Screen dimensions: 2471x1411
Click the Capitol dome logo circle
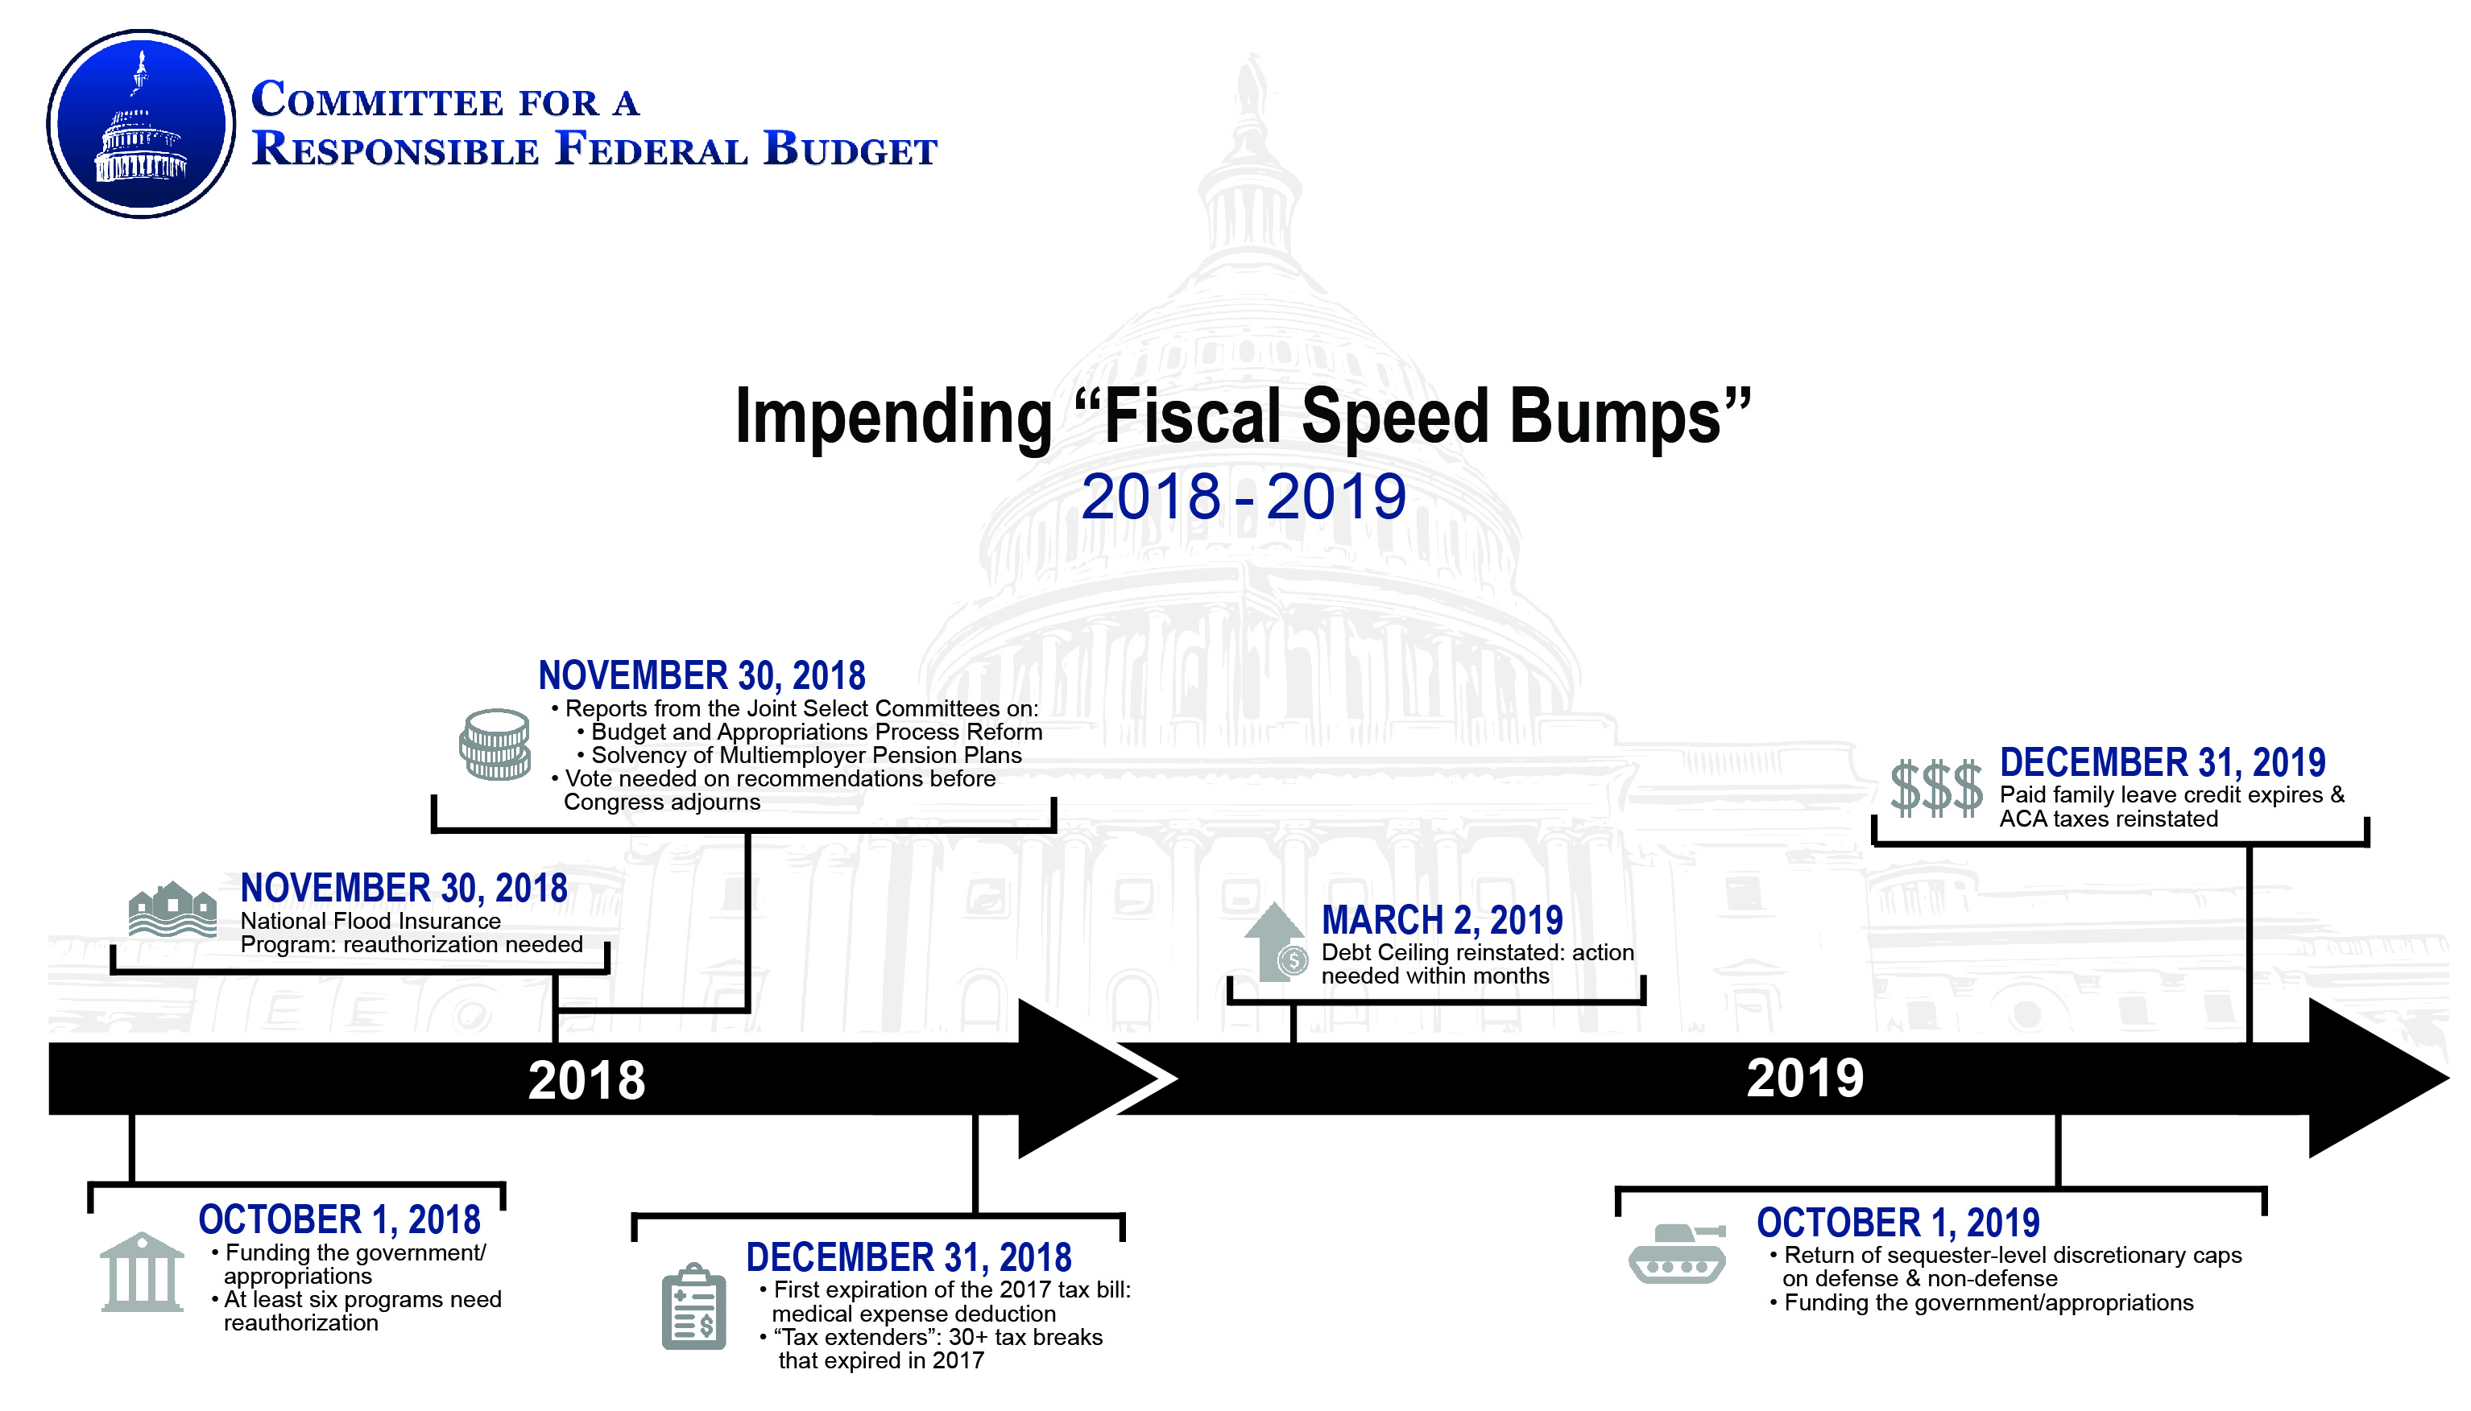point(141,124)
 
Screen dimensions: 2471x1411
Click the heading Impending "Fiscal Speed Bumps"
point(1243,418)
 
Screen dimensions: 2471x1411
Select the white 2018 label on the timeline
point(586,1080)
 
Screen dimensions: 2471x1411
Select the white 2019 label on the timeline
point(1805,1079)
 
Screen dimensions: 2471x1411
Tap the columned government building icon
point(142,1272)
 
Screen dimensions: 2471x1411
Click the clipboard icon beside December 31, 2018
point(694,1306)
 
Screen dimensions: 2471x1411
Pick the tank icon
point(1677,1253)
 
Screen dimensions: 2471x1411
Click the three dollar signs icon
point(1936,788)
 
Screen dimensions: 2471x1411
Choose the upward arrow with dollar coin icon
point(1276,943)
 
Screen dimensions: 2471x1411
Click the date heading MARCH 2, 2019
point(1442,921)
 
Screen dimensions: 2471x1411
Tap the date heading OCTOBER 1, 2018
point(339,1220)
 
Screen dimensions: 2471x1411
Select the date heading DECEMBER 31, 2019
point(2163,763)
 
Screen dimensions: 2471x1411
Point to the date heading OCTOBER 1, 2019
point(1898,1223)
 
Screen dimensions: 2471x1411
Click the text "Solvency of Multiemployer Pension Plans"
point(806,756)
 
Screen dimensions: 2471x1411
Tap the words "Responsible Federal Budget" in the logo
point(594,149)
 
